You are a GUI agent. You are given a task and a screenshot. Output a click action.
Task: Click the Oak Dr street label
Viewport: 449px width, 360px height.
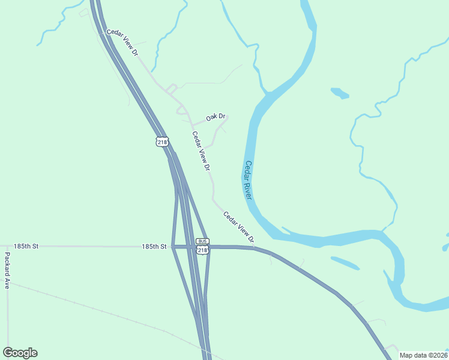pyautogui.click(x=215, y=117)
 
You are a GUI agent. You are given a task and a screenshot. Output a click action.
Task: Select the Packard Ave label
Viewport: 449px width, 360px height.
pyautogui.click(x=7, y=271)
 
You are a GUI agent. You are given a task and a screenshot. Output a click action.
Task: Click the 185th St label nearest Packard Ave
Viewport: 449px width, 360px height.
pyautogui.click(x=26, y=247)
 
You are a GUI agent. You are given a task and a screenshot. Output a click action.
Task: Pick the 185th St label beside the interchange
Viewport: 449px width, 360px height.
pyautogui.click(x=154, y=247)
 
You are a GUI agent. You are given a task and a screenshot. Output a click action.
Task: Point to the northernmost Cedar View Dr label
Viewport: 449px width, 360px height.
pyautogui.click(x=123, y=43)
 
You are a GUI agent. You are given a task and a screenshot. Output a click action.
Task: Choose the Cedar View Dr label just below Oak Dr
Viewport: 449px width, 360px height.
pyautogui.click(x=202, y=152)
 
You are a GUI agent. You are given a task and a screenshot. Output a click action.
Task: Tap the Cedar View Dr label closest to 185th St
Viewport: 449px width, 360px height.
pyautogui.click(x=238, y=227)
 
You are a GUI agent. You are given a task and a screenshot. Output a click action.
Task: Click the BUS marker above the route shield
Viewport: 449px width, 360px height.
pyautogui.click(x=202, y=241)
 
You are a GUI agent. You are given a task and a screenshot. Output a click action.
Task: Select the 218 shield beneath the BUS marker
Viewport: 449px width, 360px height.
pyautogui.click(x=202, y=250)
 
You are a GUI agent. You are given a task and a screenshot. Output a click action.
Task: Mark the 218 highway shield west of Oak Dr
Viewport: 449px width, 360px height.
pyautogui.click(x=161, y=142)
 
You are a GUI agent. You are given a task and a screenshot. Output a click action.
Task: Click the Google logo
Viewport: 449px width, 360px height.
pyautogui.click(x=20, y=353)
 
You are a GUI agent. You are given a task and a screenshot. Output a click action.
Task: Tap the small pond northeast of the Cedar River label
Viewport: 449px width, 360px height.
pyautogui.click(x=340, y=93)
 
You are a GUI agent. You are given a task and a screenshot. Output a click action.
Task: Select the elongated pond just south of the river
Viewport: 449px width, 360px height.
pyautogui.click(x=345, y=262)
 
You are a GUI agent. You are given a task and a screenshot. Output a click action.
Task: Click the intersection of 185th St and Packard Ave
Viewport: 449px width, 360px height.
pyautogui.click(x=8, y=247)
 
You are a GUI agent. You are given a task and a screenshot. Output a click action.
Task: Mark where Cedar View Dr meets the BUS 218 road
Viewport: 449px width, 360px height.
pyautogui.click(x=254, y=247)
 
